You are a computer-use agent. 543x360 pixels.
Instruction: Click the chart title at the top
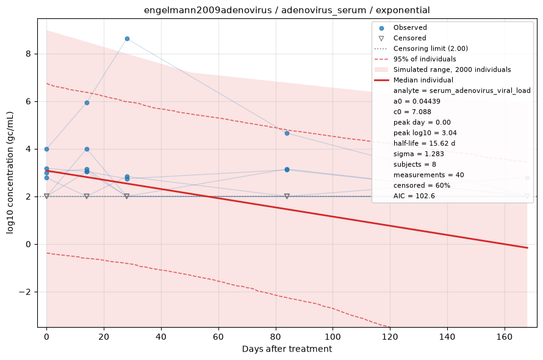287,10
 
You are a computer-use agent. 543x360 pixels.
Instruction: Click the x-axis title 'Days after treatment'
287,349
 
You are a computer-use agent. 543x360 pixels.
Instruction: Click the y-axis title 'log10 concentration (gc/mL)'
10,173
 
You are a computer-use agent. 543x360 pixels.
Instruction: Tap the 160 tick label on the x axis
505,336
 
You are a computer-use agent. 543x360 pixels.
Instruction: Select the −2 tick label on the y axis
26,292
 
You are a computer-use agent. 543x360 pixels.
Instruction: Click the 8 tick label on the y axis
28,54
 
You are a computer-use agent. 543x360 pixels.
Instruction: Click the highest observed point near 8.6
127,39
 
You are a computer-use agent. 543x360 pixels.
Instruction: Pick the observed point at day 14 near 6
87,103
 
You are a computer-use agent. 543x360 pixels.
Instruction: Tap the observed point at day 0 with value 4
47,149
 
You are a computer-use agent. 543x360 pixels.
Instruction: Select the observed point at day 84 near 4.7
287,134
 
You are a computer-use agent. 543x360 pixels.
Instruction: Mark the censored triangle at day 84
287,196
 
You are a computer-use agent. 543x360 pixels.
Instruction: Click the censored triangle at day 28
127,196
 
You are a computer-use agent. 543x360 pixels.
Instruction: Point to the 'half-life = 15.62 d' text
424,143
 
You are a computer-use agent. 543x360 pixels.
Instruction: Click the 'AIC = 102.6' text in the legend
414,196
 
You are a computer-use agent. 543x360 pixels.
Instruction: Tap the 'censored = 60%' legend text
422,185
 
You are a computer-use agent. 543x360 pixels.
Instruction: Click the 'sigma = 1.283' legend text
419,154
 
